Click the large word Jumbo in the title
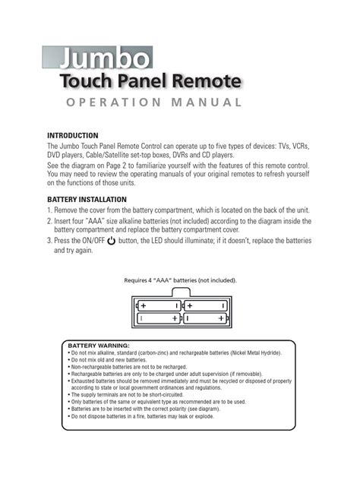point(106,58)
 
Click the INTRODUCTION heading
point(73,134)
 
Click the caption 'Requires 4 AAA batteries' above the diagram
point(181,280)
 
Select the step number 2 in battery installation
point(49,221)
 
